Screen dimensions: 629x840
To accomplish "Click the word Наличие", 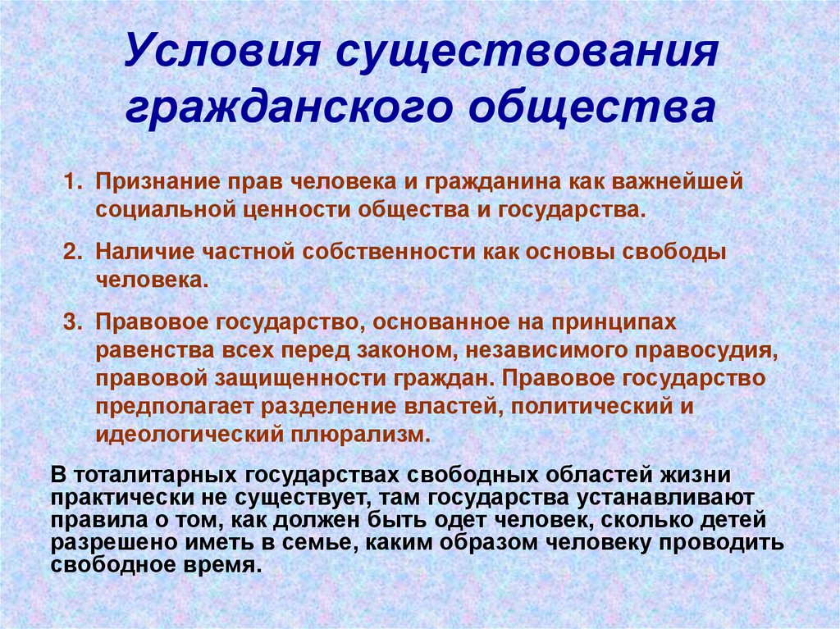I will pyautogui.click(x=140, y=251).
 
